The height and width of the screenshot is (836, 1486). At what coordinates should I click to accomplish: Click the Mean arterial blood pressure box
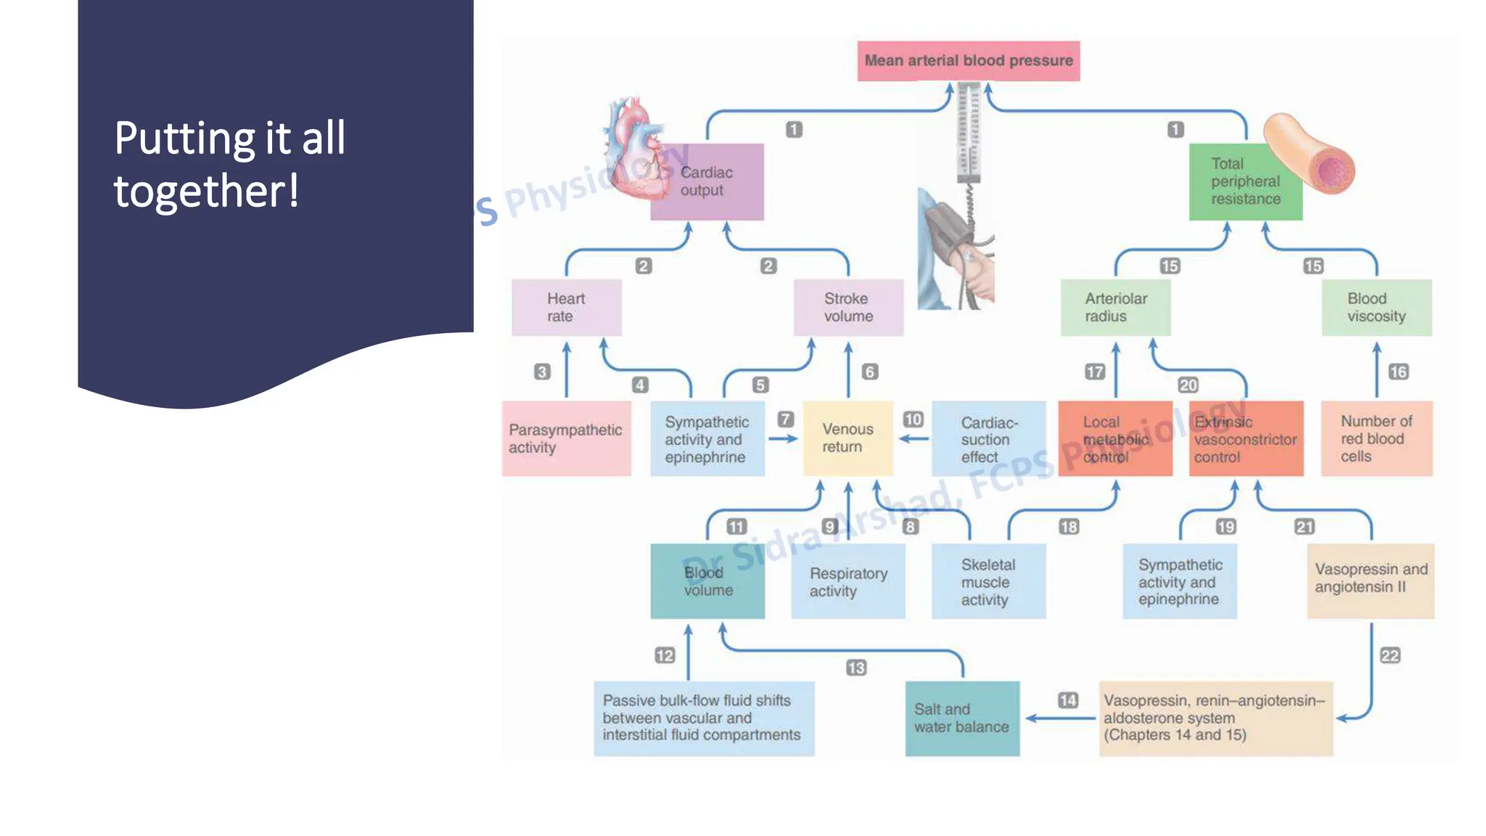(968, 61)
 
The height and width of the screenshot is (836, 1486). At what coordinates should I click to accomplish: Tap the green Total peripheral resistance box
(1245, 181)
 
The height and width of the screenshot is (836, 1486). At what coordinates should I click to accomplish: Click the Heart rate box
(566, 308)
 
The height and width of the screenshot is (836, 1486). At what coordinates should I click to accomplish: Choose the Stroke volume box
(848, 308)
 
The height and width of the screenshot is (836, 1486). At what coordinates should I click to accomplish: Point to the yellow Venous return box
(847, 438)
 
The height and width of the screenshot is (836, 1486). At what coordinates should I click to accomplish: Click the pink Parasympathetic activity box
(566, 438)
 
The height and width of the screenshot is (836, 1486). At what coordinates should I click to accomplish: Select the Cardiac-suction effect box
(988, 439)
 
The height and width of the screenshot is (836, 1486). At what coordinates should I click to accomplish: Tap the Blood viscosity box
(1376, 308)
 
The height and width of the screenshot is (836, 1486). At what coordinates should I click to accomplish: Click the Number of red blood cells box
(1376, 438)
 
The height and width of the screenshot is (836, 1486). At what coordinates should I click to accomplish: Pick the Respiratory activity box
(847, 582)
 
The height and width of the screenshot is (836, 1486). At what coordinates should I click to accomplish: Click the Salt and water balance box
(961, 718)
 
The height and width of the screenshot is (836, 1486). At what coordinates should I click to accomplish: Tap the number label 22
(1389, 656)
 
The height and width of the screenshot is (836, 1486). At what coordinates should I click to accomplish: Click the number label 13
(856, 668)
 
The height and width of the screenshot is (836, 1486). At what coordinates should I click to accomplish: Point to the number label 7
(786, 419)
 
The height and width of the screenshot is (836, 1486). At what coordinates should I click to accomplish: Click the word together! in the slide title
(206, 192)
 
